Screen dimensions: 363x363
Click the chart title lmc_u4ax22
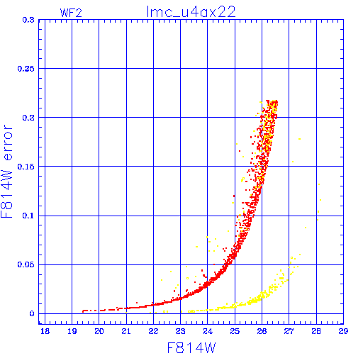pos(191,12)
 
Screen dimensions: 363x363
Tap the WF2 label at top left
pos(71,13)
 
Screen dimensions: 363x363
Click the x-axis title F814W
pos(191,348)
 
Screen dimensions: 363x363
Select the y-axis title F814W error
pos(6,171)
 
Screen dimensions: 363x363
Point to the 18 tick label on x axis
pos(45,331)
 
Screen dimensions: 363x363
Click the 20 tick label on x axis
pos(99,331)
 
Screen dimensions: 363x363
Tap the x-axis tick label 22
pos(153,331)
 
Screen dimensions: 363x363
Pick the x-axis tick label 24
pos(208,331)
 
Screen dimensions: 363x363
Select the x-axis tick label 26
pos(262,331)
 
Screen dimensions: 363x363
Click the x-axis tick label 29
pos(343,331)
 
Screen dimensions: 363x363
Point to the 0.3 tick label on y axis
pos(28,20)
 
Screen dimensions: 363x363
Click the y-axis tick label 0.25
pos(26,69)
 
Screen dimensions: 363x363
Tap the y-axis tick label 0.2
pos(28,118)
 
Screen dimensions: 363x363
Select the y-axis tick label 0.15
pos(26,167)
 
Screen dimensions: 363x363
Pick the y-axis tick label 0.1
pos(28,216)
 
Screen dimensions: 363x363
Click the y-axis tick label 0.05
pos(26,264)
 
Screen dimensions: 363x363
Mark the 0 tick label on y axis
pos(32,314)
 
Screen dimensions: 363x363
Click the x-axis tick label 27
pos(289,331)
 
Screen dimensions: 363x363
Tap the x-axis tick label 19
pos(72,331)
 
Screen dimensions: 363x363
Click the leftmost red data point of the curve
pos(83,311)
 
